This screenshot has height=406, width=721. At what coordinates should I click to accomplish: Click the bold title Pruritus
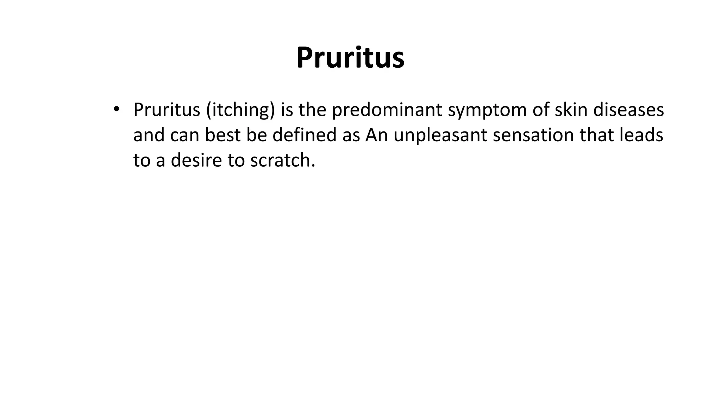pos(350,57)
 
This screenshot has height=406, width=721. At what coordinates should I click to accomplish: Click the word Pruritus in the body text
pos(167,110)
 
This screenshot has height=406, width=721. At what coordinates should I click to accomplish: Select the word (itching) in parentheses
pos(240,110)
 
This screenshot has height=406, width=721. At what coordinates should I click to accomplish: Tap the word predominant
pos(387,110)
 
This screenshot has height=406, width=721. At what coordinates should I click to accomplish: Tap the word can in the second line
pos(184,135)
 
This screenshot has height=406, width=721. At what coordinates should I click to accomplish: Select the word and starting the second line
pos(149,135)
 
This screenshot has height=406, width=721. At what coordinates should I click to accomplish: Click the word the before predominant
pos(312,110)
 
